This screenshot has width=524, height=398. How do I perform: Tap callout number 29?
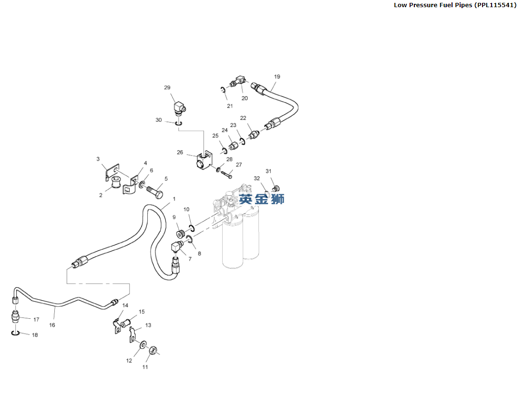[167, 87]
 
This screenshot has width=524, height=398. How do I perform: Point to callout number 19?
[277, 76]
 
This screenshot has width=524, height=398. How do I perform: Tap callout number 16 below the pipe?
[52, 325]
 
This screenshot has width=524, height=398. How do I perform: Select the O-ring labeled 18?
[15, 333]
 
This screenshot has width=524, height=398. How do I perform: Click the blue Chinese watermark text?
[262, 199]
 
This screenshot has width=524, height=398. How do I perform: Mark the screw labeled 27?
[226, 173]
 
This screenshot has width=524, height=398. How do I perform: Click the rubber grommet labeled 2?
[116, 183]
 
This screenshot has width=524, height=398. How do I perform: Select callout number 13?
[148, 325]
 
